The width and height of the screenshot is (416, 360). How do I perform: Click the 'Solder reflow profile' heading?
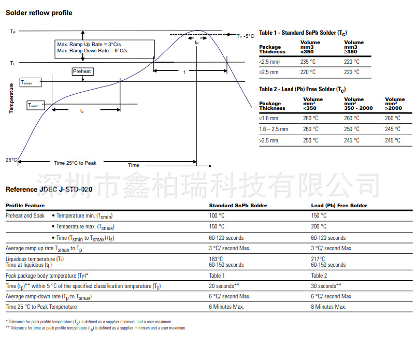tap(39, 12)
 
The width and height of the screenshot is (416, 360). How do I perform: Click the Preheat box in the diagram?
tap(82, 71)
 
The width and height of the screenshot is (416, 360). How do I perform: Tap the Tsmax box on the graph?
tap(30, 82)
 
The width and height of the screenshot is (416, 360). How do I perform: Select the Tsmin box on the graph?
tap(35, 105)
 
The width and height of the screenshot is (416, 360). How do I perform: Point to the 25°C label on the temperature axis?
tap(11, 160)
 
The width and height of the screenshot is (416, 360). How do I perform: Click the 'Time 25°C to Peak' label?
tap(75, 163)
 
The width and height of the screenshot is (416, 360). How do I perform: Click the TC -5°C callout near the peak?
tap(246, 36)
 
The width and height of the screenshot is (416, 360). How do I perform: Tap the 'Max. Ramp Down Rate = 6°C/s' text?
tap(92, 51)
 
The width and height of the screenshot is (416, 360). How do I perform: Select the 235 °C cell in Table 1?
tap(308, 62)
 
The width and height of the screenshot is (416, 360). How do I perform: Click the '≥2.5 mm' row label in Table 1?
tap(269, 72)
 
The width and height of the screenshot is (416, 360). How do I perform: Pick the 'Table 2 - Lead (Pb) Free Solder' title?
tap(302, 90)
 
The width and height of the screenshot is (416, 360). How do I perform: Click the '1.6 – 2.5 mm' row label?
tap(274, 129)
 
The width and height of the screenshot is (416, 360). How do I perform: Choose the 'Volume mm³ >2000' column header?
tap(394, 104)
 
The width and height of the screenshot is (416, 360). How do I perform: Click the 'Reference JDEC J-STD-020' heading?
tap(49, 190)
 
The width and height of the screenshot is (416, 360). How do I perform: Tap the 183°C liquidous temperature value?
tap(216, 258)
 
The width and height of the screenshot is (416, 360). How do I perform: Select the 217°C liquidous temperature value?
tap(318, 258)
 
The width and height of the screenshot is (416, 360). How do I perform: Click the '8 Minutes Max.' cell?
tap(329, 307)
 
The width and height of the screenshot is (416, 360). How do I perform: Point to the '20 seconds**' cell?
tap(224, 286)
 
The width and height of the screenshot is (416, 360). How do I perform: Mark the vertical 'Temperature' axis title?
tap(11, 98)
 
